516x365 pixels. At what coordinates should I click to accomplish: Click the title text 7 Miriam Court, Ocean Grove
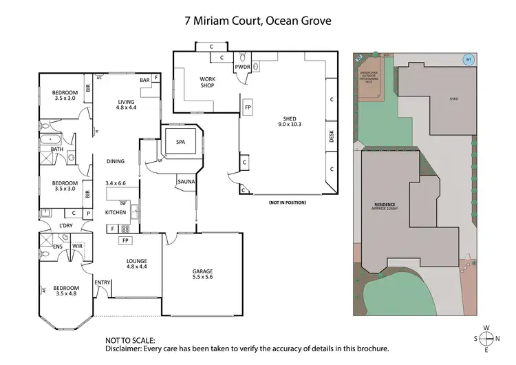coord(258,21)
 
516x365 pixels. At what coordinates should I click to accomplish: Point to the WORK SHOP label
coord(207,83)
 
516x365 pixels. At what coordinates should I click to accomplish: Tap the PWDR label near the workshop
coord(241,67)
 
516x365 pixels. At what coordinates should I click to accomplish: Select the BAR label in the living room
coord(144,81)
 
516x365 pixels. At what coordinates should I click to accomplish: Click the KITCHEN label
coord(116,213)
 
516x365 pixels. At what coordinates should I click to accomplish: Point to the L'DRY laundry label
coord(65,225)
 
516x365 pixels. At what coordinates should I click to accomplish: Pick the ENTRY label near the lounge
coord(103,282)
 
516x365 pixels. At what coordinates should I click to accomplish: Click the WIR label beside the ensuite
coord(78,244)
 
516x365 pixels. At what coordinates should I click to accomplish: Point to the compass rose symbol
coord(487,338)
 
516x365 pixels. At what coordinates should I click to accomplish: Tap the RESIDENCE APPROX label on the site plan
coord(385,207)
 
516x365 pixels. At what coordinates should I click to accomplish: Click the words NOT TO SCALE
coord(130,340)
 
